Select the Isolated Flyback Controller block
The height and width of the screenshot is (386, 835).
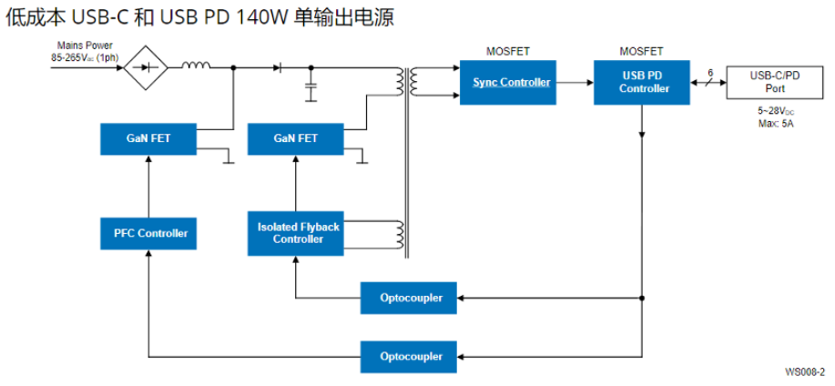click(x=298, y=233)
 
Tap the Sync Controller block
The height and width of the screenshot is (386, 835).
click(x=511, y=83)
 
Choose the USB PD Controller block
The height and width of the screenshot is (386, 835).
click(x=644, y=83)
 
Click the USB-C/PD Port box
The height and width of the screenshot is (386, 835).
click(x=775, y=83)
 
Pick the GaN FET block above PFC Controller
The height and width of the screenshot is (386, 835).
click(x=148, y=138)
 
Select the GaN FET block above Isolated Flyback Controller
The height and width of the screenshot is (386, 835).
click(x=296, y=138)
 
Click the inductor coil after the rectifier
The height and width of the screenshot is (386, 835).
click(x=195, y=66)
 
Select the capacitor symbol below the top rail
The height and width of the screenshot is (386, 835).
click(x=312, y=91)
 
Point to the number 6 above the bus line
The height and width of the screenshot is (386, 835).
click(x=709, y=71)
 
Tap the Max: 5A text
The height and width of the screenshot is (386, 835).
click(x=775, y=123)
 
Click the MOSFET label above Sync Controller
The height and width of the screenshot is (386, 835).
click(x=509, y=51)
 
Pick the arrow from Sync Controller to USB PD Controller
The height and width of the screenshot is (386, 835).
click(x=575, y=83)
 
